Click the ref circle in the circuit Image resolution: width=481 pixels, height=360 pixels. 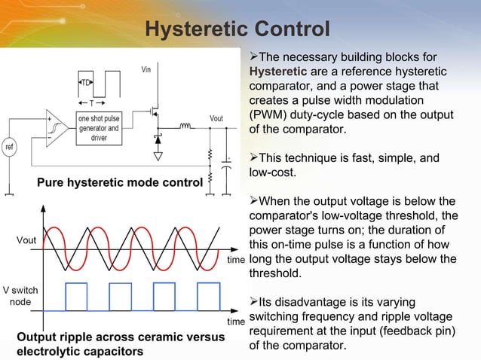coord(10,145)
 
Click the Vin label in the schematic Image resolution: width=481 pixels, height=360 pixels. coord(148,70)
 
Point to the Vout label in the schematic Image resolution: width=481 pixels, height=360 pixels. coord(216,118)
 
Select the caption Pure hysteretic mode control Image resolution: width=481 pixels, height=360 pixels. coord(119,182)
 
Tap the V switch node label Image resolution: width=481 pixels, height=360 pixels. coord(20,295)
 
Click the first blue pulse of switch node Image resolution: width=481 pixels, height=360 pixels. coord(75,296)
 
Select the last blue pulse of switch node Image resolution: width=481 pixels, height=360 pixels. coord(209,296)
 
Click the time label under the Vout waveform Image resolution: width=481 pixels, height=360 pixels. coord(236,259)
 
